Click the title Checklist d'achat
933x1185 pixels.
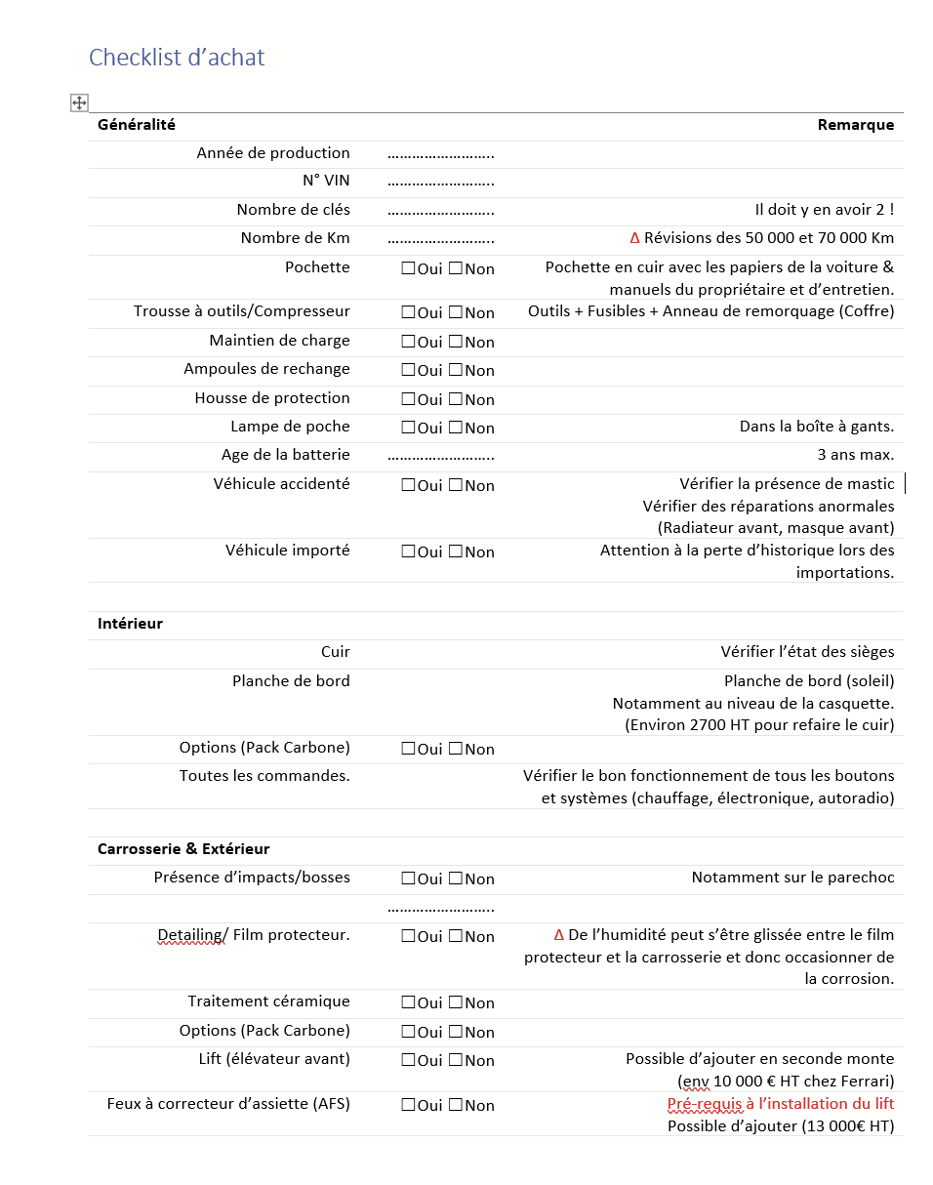pyautogui.click(x=177, y=58)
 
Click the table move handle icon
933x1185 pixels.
pyautogui.click(x=79, y=102)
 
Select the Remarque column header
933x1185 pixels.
pyautogui.click(x=855, y=125)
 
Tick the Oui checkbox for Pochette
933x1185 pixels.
pyautogui.click(x=408, y=268)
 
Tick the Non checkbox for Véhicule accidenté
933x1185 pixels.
pyautogui.click(x=456, y=485)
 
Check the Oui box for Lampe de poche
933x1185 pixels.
pyautogui.click(x=408, y=428)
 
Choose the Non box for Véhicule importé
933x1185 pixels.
pyautogui.click(x=456, y=552)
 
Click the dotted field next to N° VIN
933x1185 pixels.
pyautogui.click(x=440, y=182)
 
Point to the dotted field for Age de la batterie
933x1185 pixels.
pyautogui.click(x=440, y=456)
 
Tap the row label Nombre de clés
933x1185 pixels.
pyautogui.click(x=293, y=210)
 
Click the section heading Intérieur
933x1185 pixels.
pyautogui.click(x=130, y=624)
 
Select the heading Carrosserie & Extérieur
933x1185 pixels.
pyautogui.click(x=183, y=849)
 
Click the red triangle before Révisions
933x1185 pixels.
pyautogui.click(x=635, y=238)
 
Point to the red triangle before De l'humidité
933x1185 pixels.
pyautogui.click(x=559, y=934)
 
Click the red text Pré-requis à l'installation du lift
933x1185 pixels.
pyautogui.click(x=781, y=1104)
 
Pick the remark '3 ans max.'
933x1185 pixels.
pyautogui.click(x=855, y=455)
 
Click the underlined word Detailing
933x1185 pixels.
pyautogui.click(x=190, y=935)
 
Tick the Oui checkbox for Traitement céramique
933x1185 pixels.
pyautogui.click(x=408, y=1002)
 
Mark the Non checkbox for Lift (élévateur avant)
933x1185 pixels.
pyautogui.click(x=456, y=1060)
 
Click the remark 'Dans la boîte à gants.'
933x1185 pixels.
pyautogui.click(x=816, y=427)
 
